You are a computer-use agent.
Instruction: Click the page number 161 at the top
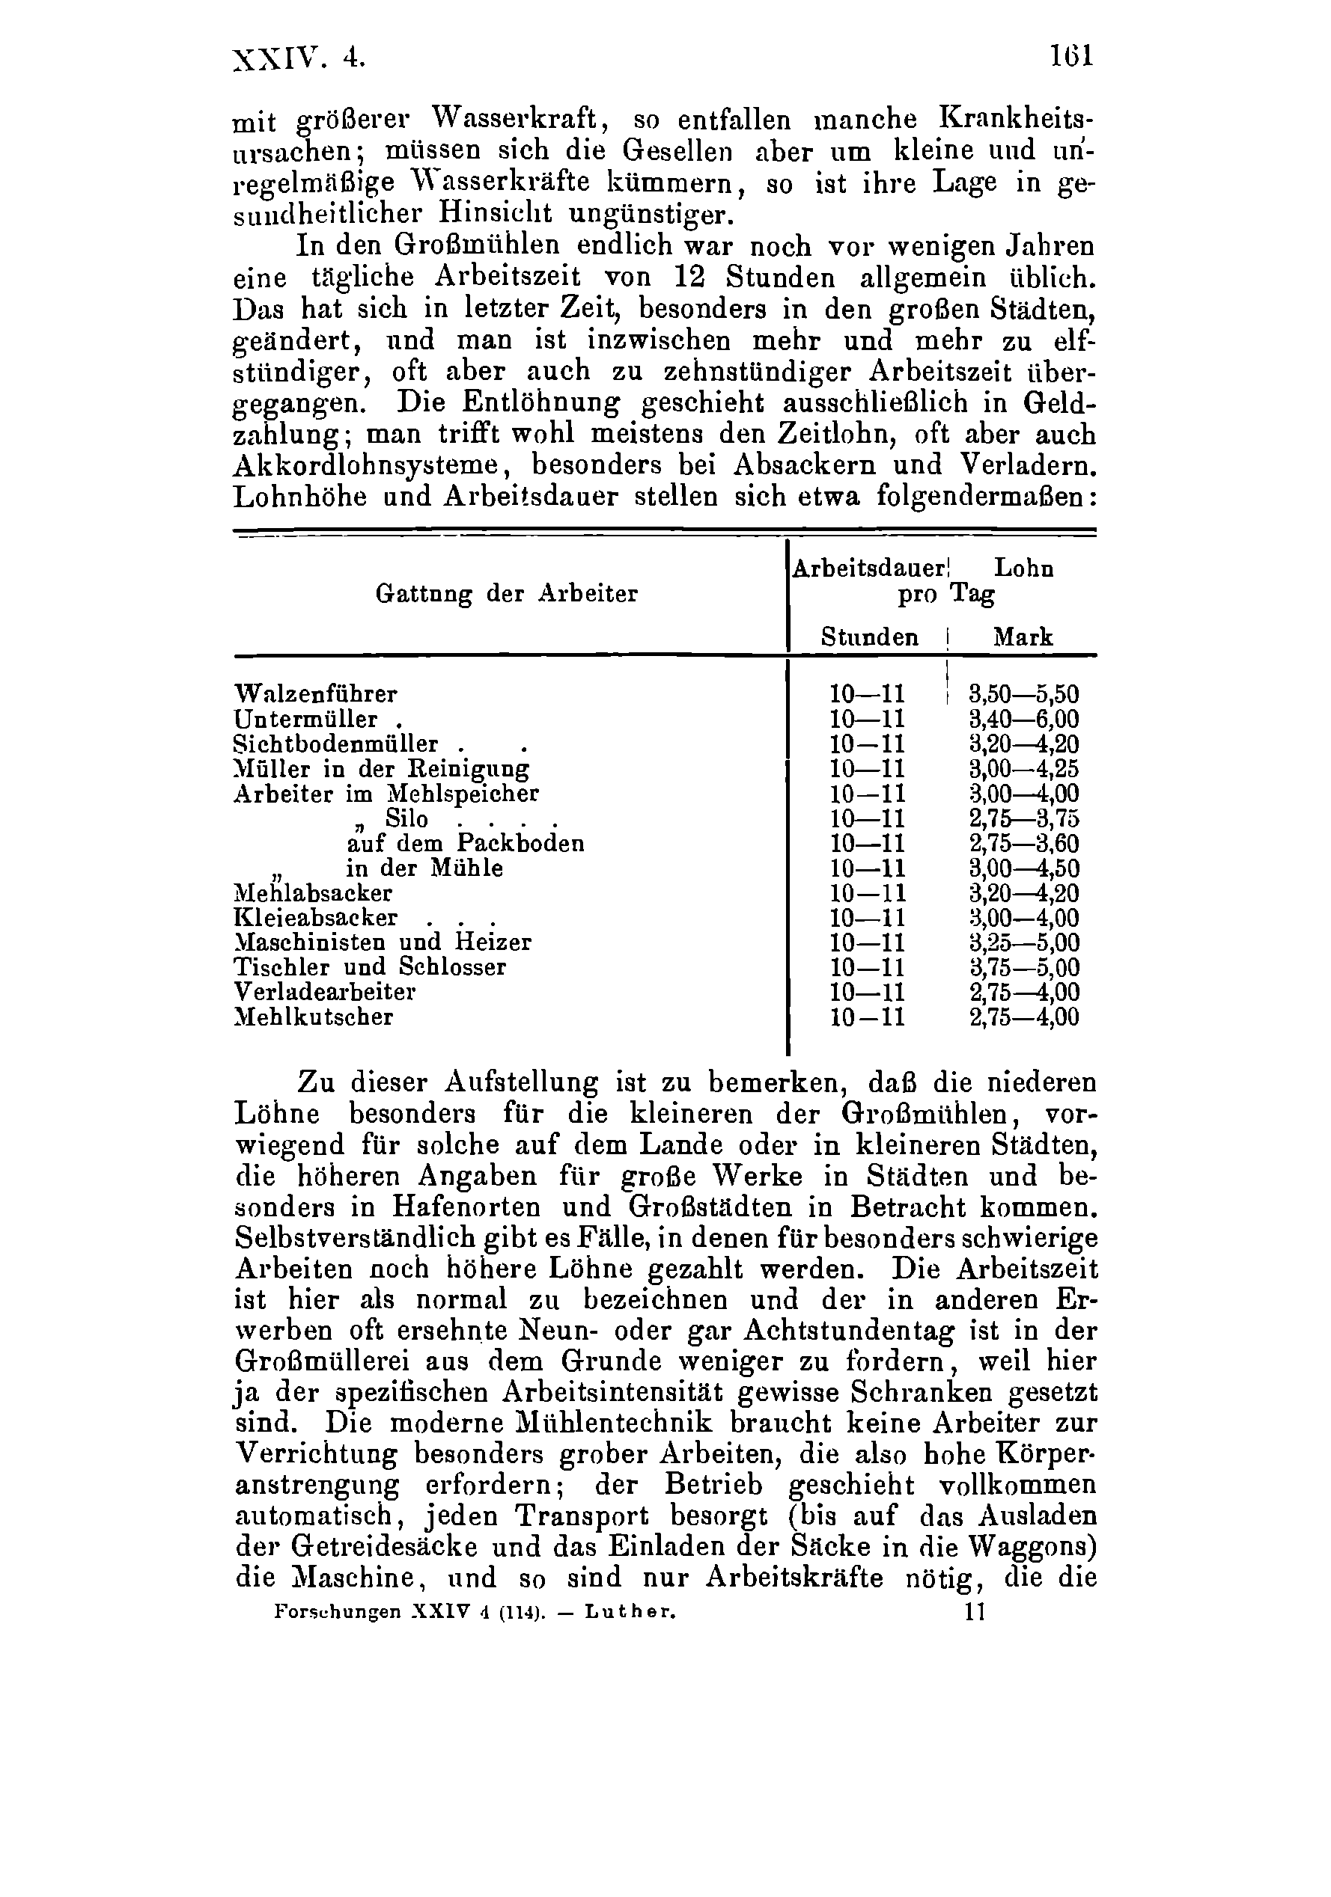click(x=1071, y=55)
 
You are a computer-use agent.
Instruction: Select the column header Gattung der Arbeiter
click(x=506, y=593)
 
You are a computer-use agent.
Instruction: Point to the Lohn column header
click(x=1023, y=569)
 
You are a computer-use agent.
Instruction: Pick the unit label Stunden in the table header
click(x=869, y=637)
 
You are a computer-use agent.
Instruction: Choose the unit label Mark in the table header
click(x=1023, y=637)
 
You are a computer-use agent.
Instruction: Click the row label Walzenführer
click(x=316, y=693)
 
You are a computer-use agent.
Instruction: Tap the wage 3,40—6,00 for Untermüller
click(x=1023, y=719)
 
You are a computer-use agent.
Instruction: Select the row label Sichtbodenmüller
click(x=336, y=744)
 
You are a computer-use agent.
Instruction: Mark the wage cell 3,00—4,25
click(x=1023, y=768)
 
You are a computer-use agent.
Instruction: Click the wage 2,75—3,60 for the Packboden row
click(x=1023, y=844)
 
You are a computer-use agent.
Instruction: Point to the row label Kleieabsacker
click(x=316, y=918)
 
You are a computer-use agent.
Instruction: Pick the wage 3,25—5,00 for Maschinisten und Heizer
click(x=1023, y=943)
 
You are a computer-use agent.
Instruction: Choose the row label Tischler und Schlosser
click(x=370, y=966)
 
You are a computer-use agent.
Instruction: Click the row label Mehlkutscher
click(x=314, y=1017)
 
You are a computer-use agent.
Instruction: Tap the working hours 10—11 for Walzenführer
click(x=867, y=693)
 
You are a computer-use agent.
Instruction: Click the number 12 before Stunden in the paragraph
click(x=691, y=278)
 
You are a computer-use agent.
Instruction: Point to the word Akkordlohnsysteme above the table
click(x=368, y=465)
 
